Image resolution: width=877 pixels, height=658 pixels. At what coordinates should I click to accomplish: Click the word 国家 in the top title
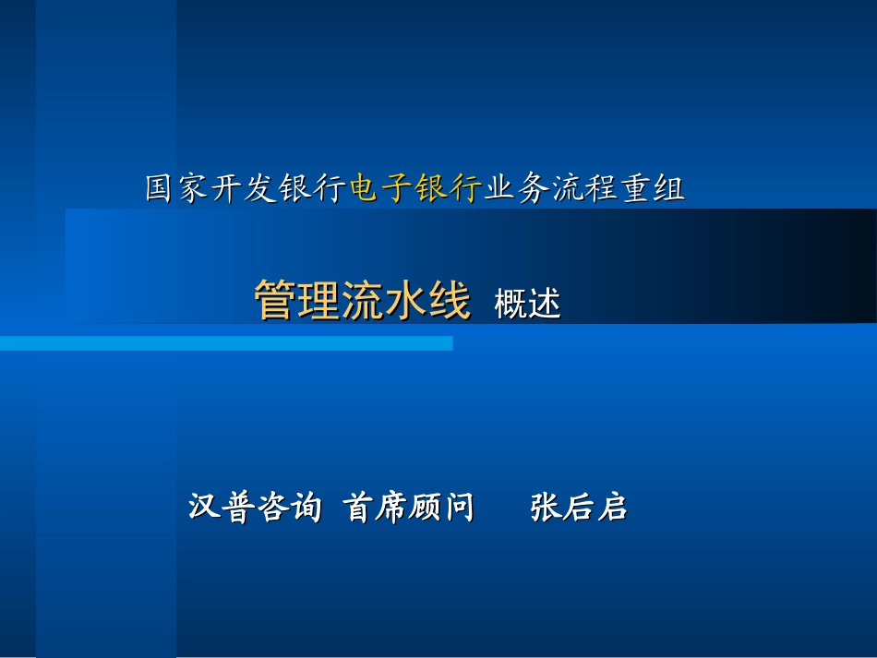[x=176, y=188]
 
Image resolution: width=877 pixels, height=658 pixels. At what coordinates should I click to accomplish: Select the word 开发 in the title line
[x=244, y=188]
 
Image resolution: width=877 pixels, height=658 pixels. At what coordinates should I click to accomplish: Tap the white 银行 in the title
[x=312, y=188]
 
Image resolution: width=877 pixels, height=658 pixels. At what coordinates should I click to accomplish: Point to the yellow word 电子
[x=381, y=188]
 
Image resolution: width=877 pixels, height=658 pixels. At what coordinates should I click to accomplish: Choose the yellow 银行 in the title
[x=449, y=188]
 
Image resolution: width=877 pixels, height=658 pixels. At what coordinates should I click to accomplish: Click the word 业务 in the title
[x=517, y=188]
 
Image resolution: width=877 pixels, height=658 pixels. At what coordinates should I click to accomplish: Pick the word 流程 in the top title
[x=584, y=188]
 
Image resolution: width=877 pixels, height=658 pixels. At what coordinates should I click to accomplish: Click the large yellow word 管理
[x=297, y=300]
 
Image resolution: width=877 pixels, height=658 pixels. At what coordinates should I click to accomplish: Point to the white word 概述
[x=527, y=304]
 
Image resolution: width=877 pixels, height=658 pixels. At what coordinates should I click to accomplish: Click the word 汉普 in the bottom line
[x=221, y=507]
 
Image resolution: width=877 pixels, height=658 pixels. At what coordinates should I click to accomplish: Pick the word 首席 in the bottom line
[x=375, y=507]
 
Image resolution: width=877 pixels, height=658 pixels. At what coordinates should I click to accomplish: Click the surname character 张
[x=546, y=507]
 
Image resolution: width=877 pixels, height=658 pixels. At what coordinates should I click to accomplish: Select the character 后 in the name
[x=579, y=507]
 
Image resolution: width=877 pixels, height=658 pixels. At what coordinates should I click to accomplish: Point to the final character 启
[x=612, y=507]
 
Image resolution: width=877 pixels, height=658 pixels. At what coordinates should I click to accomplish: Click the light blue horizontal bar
[x=226, y=343]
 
